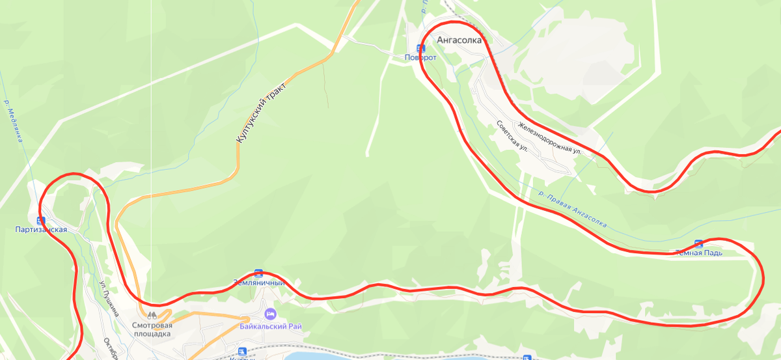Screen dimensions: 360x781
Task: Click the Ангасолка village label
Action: coord(460,40)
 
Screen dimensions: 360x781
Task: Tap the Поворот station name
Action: coord(420,57)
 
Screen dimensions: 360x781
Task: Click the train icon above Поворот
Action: coord(420,48)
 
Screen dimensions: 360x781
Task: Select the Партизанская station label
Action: coord(41,229)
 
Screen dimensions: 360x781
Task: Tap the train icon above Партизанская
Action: coord(41,220)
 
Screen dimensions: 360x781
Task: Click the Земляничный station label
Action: coord(258,283)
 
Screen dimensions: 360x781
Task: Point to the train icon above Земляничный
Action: coord(258,273)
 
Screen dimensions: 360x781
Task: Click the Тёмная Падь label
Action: coord(698,253)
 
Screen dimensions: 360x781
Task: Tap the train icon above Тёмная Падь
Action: coord(698,243)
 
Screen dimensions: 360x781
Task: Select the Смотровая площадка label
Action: coord(152,329)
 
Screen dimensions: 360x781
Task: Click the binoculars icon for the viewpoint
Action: coord(152,316)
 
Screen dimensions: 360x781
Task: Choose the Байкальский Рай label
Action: coord(270,326)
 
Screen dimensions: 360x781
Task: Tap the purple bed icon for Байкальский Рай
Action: coord(270,315)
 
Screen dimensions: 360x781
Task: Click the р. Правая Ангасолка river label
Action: coord(573,209)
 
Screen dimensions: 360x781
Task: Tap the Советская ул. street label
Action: coord(512,136)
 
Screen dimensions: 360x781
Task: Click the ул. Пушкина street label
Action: coord(109,298)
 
